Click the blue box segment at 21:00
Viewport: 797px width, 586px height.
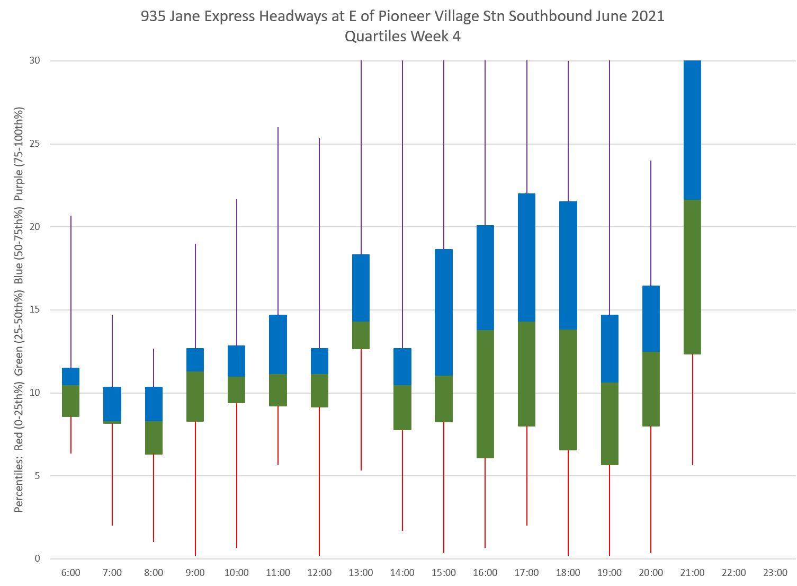pyautogui.click(x=692, y=130)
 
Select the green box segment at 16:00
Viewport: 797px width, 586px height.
pyautogui.click(x=485, y=394)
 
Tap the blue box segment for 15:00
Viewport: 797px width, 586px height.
pyautogui.click(x=444, y=312)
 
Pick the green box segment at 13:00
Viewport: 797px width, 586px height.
pyautogui.click(x=361, y=335)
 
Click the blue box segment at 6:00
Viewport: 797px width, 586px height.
pyautogui.click(x=70, y=376)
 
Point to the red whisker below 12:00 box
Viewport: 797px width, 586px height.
pyautogui.click(x=319, y=481)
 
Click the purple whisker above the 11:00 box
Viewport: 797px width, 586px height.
pyautogui.click(x=278, y=221)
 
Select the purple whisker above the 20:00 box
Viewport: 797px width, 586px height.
pyautogui.click(x=651, y=223)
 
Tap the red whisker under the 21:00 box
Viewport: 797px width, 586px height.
pyautogui.click(x=692, y=409)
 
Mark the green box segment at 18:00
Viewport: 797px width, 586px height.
pyautogui.click(x=568, y=389)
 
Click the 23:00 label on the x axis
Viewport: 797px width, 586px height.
pyautogui.click(x=775, y=573)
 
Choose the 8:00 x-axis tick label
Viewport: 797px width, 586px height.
pyautogui.click(x=154, y=573)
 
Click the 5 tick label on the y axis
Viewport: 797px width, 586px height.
pyautogui.click(x=37, y=476)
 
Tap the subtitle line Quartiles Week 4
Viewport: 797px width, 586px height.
pyautogui.click(x=402, y=37)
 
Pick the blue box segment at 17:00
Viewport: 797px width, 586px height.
pyautogui.click(x=526, y=258)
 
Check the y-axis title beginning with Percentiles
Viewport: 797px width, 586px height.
pyautogui.click(x=19, y=310)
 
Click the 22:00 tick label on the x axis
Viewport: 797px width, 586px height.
pyautogui.click(x=733, y=573)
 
